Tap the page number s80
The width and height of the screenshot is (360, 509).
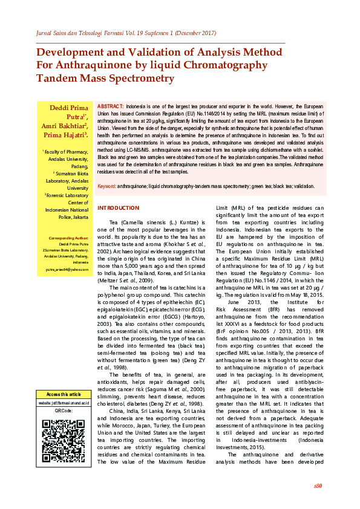tap(318, 485)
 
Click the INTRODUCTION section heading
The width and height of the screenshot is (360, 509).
tap(119, 208)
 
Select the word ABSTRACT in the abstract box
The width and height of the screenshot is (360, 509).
tap(111, 106)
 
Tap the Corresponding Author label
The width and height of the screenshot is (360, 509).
tap(69, 239)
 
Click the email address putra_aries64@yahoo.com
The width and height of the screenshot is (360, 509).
tap(67, 268)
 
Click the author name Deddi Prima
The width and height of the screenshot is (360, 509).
tap(69, 108)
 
